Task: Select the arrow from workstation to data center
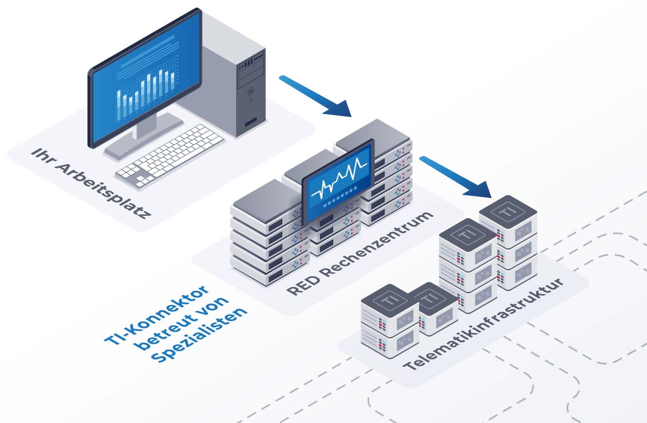coord(315,96)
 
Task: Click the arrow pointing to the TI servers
coord(456,176)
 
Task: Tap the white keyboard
coord(170,152)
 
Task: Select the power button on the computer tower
coord(251,92)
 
